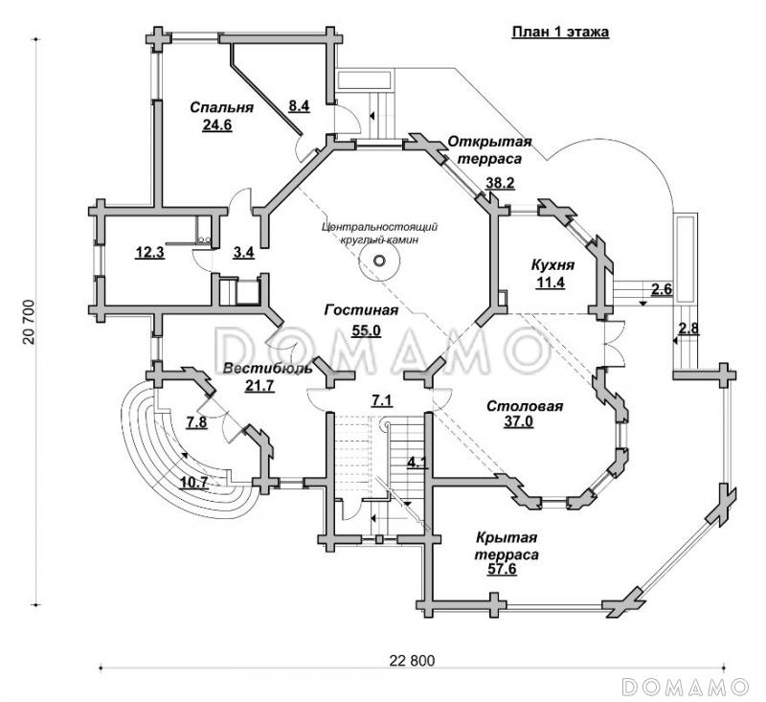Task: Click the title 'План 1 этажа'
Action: point(560,31)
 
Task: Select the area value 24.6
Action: point(219,124)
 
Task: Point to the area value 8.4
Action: point(300,106)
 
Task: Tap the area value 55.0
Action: point(366,330)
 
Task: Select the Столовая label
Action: point(524,406)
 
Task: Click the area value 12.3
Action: point(150,254)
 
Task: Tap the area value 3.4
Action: point(243,254)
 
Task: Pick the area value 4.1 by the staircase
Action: point(417,464)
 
